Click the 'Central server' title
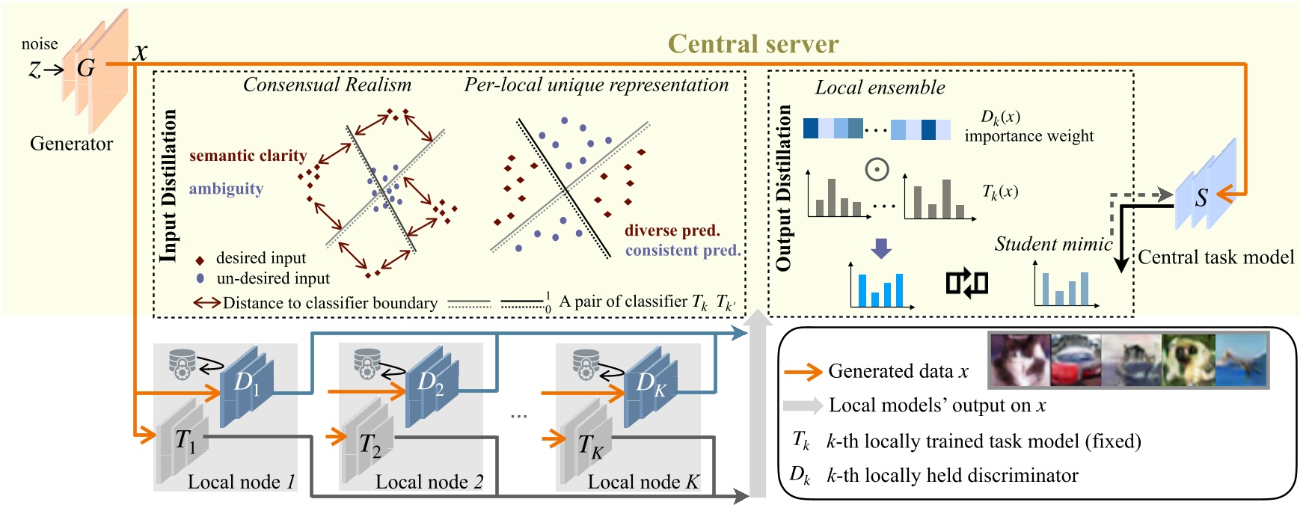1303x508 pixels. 752,44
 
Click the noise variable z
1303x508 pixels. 34,70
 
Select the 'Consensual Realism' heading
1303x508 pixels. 327,85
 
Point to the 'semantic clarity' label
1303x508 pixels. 248,156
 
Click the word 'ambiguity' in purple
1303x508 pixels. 226,189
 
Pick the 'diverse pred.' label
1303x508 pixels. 672,230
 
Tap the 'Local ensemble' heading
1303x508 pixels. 880,88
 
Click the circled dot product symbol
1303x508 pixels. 877,169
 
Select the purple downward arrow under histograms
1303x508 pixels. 881,248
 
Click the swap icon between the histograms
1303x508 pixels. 966,284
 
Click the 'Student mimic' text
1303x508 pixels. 1052,244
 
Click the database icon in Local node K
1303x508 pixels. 586,363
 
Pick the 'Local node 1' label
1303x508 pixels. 241,482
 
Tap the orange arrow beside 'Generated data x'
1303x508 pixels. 802,372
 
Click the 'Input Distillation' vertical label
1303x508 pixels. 169,186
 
